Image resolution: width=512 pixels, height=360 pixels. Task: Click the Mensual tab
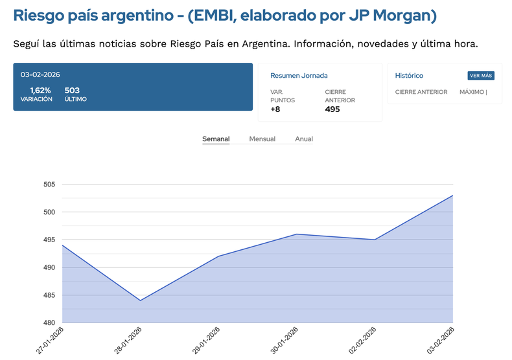point(262,139)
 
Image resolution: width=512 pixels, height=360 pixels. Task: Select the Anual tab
point(304,139)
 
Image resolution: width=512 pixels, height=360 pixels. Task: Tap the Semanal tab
point(216,139)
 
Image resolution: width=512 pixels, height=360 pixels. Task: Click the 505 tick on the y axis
point(49,185)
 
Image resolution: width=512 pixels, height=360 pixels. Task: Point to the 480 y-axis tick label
point(49,322)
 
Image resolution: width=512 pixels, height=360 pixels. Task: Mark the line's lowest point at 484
point(140,300)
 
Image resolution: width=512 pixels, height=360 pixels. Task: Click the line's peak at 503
point(452,196)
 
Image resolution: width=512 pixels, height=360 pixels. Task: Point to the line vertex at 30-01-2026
point(296,234)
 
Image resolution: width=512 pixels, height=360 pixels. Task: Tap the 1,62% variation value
point(40,91)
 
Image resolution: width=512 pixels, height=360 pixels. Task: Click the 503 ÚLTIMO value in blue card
point(72,91)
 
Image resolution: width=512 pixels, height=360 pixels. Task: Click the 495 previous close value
point(332,109)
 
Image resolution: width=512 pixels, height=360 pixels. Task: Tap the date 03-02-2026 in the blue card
point(40,74)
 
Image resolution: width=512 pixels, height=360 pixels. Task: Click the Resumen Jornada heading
point(299,76)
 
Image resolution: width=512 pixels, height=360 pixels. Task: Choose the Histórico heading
point(409,76)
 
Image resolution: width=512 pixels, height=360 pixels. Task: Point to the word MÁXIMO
point(472,92)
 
